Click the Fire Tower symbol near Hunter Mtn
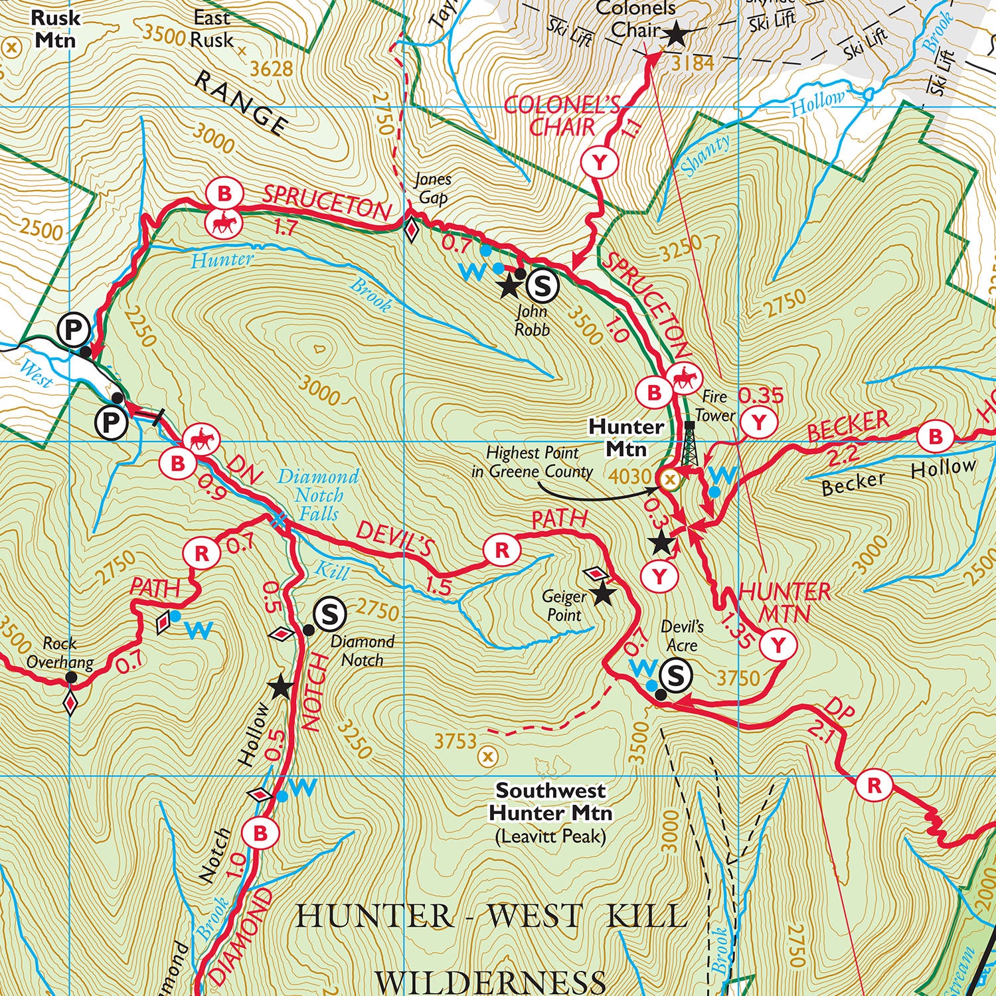(690, 444)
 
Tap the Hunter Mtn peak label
(626, 438)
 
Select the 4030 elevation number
(629, 476)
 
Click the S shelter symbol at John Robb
(542, 286)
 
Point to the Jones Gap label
(432, 189)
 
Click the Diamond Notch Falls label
(318, 495)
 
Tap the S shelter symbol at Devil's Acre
(675, 675)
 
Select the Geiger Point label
(564, 606)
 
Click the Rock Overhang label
(60, 652)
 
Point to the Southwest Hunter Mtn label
(550, 801)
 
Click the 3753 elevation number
(456, 740)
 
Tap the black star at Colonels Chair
(675, 34)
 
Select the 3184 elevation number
(693, 63)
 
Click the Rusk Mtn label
(55, 29)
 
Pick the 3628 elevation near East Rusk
(270, 68)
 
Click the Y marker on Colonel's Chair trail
(600, 162)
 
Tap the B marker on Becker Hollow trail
(935, 437)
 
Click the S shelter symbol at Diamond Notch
(329, 614)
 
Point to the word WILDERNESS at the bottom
(490, 981)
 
